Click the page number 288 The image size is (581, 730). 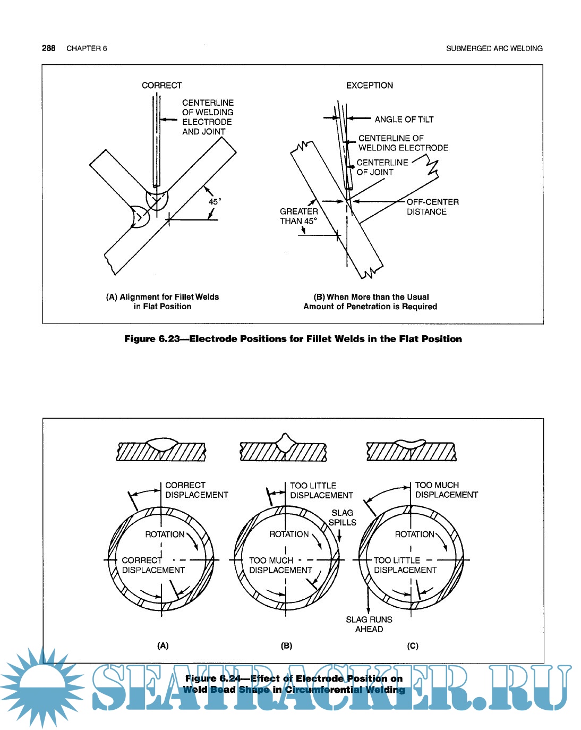click(48, 48)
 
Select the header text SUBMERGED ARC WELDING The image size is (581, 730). click(494, 48)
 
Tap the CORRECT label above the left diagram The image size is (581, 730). click(161, 86)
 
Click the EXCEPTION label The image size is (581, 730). click(370, 86)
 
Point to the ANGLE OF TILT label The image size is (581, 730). click(404, 120)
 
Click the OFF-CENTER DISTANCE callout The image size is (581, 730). click(432, 207)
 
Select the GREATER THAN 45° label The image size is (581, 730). click(298, 216)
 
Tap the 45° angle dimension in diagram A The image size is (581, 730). click(215, 202)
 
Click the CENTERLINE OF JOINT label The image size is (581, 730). click(382, 167)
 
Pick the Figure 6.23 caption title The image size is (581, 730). click(293, 339)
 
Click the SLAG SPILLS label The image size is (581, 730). click(342, 517)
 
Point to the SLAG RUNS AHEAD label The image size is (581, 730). click(369, 624)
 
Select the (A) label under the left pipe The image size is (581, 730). click(163, 646)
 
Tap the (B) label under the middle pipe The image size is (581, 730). click(286, 646)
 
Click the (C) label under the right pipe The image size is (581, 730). click(413, 646)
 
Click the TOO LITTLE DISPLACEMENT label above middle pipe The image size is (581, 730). click(321, 490)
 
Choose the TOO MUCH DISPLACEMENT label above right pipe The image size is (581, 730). click(446, 490)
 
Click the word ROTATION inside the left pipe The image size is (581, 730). click(165, 534)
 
